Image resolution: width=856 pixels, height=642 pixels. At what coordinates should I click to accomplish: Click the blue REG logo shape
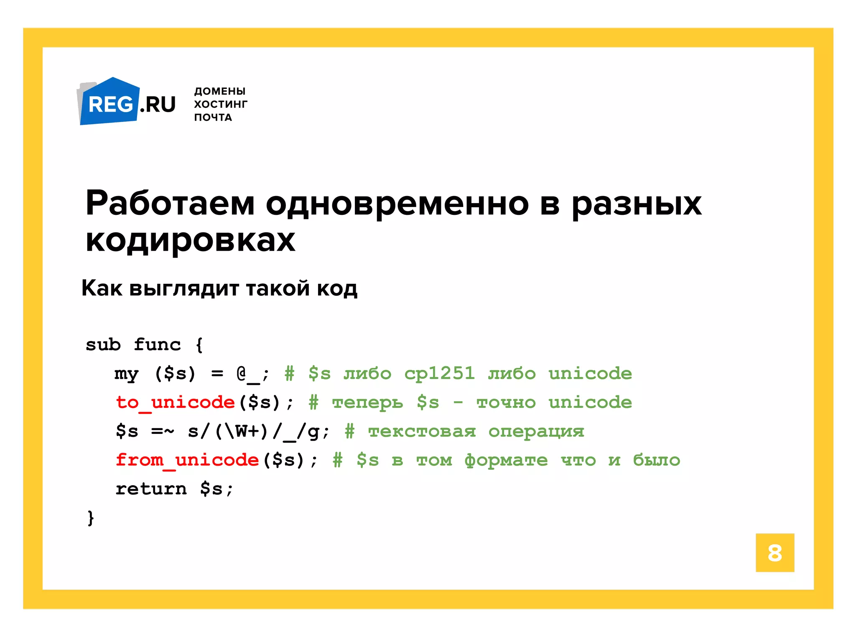click(110, 103)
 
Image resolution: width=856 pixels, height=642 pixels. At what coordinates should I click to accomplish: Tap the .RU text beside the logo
click(158, 104)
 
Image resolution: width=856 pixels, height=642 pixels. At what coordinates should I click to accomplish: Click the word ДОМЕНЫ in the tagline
click(219, 91)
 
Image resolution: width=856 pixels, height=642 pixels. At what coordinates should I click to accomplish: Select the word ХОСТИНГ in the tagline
click(220, 104)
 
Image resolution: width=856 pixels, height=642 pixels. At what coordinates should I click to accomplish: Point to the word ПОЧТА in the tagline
click(213, 117)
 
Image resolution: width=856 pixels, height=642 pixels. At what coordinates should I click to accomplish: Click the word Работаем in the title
click(170, 204)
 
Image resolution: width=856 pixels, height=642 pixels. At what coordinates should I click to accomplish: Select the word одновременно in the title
click(397, 204)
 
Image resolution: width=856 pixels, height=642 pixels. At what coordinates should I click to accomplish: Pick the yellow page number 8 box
click(774, 553)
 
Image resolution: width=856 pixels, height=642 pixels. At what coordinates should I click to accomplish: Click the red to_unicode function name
click(175, 402)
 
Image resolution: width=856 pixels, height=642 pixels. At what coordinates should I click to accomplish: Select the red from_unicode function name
click(187, 460)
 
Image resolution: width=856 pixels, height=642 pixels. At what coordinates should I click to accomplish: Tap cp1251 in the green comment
click(439, 373)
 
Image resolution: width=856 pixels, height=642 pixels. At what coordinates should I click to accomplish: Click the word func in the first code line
click(157, 344)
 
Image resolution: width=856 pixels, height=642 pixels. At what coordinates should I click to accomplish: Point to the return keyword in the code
click(151, 489)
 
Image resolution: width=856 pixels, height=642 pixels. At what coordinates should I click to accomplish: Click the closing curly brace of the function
click(90, 518)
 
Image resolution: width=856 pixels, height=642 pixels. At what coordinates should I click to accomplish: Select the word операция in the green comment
click(536, 431)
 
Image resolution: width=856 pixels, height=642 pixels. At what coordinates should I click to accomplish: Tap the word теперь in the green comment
click(367, 402)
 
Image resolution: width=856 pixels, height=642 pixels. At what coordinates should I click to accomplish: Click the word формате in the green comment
click(506, 460)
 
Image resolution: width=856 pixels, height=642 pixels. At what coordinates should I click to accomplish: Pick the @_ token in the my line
click(247, 373)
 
